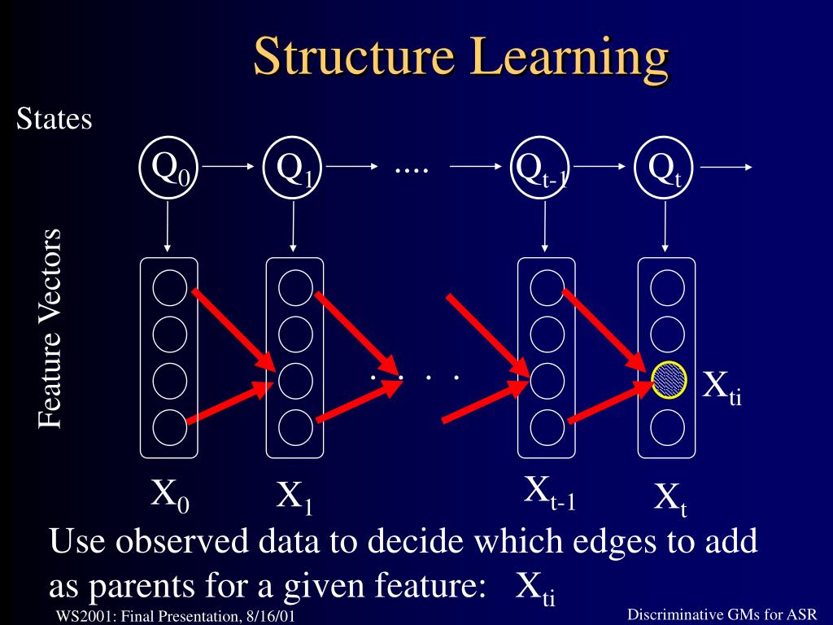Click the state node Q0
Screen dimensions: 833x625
point(169,168)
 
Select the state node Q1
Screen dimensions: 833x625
point(294,168)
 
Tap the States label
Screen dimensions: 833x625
point(54,120)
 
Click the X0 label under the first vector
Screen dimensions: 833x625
point(171,496)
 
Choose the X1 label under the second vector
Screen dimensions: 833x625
point(295,497)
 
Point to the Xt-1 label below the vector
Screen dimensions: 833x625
point(549,493)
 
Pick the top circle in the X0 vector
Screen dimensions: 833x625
point(169,286)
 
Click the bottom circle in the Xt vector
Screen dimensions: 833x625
point(668,425)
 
